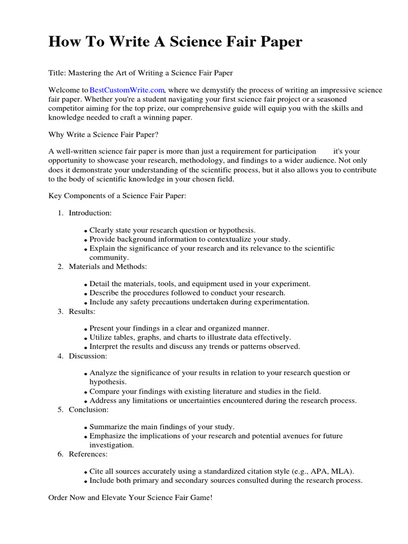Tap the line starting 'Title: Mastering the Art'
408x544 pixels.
[141, 72]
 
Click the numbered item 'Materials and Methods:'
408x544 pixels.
[107, 266]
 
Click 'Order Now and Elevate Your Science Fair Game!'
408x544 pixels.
[130, 498]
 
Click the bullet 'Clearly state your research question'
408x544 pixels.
[172, 230]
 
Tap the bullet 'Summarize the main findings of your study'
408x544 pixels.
[161, 427]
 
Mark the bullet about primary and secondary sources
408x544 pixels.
[226, 480]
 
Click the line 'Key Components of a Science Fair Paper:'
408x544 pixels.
[117, 196]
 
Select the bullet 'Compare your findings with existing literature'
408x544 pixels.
[205, 391]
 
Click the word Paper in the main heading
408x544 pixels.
[279, 41]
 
